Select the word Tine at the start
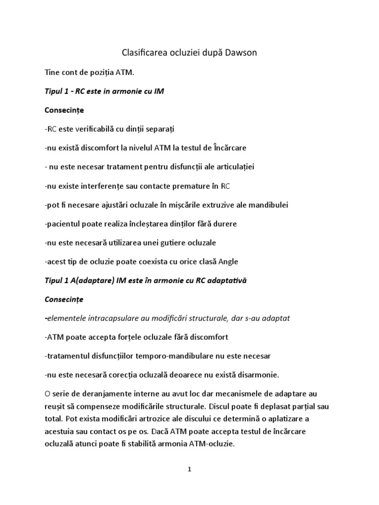(52, 73)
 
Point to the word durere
(225, 223)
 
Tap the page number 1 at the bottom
(189, 470)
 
